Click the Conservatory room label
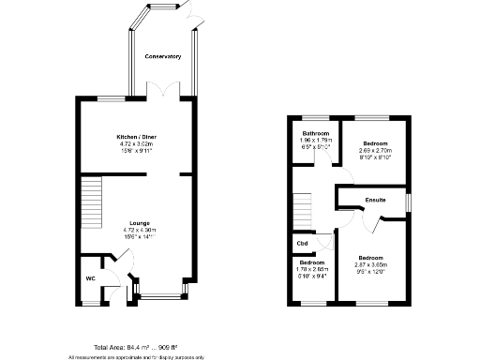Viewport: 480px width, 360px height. [x=162, y=57]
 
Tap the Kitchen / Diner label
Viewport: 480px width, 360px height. [x=137, y=137]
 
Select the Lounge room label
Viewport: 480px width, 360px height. [x=139, y=222]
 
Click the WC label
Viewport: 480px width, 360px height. [x=91, y=278]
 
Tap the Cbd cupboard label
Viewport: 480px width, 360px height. [x=302, y=245]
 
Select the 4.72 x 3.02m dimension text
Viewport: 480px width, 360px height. [x=137, y=143]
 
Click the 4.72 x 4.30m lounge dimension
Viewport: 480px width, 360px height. [x=137, y=230]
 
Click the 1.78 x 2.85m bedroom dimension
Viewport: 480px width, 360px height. [x=311, y=269]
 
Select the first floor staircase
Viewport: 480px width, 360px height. [x=302, y=209]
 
